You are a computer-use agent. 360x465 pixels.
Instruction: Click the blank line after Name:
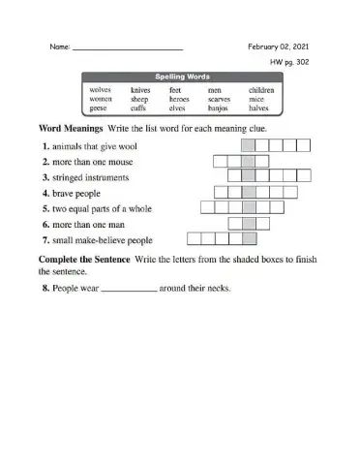[x=128, y=48]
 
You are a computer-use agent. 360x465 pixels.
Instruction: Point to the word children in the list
[x=260, y=89]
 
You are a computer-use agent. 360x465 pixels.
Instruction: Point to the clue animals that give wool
[x=92, y=145]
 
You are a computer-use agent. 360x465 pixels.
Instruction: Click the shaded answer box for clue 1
[x=249, y=145]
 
